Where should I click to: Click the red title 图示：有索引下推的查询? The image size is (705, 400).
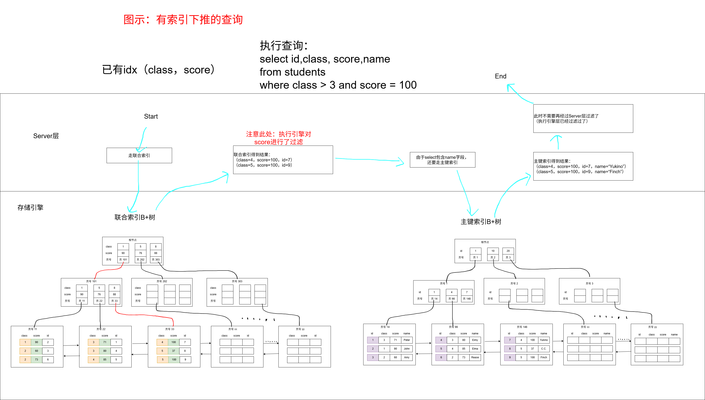pyautogui.click(x=183, y=20)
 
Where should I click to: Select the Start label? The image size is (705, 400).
pyautogui.click(x=151, y=116)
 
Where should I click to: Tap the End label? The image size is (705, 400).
pyautogui.click(x=501, y=76)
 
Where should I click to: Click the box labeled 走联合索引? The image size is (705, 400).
pyautogui.click(x=139, y=156)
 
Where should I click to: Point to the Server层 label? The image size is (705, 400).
pyautogui.click(x=46, y=136)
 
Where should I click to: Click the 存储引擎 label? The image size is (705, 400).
pyautogui.click(x=30, y=208)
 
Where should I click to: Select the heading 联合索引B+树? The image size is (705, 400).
pyautogui.click(x=135, y=217)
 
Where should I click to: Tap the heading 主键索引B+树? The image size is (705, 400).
pyautogui.click(x=481, y=222)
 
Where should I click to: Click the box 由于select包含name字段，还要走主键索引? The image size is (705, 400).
pyautogui.click(x=442, y=160)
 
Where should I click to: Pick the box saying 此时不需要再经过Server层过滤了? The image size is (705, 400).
pyautogui.click(x=583, y=119)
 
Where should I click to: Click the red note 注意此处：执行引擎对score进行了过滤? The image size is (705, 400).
pyautogui.click(x=278, y=138)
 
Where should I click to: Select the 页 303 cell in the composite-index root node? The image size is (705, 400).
pyautogui.click(x=156, y=260)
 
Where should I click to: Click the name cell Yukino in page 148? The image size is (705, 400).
pyautogui.click(x=544, y=340)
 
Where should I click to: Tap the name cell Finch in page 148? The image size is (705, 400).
pyautogui.click(x=544, y=357)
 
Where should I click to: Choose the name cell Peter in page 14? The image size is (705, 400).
pyautogui.click(x=407, y=340)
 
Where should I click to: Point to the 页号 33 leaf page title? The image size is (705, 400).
pyautogui.click(x=170, y=329)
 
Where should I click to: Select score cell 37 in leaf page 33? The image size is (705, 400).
pyautogui.click(x=174, y=351)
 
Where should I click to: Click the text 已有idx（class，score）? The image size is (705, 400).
pyautogui.click(x=158, y=70)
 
